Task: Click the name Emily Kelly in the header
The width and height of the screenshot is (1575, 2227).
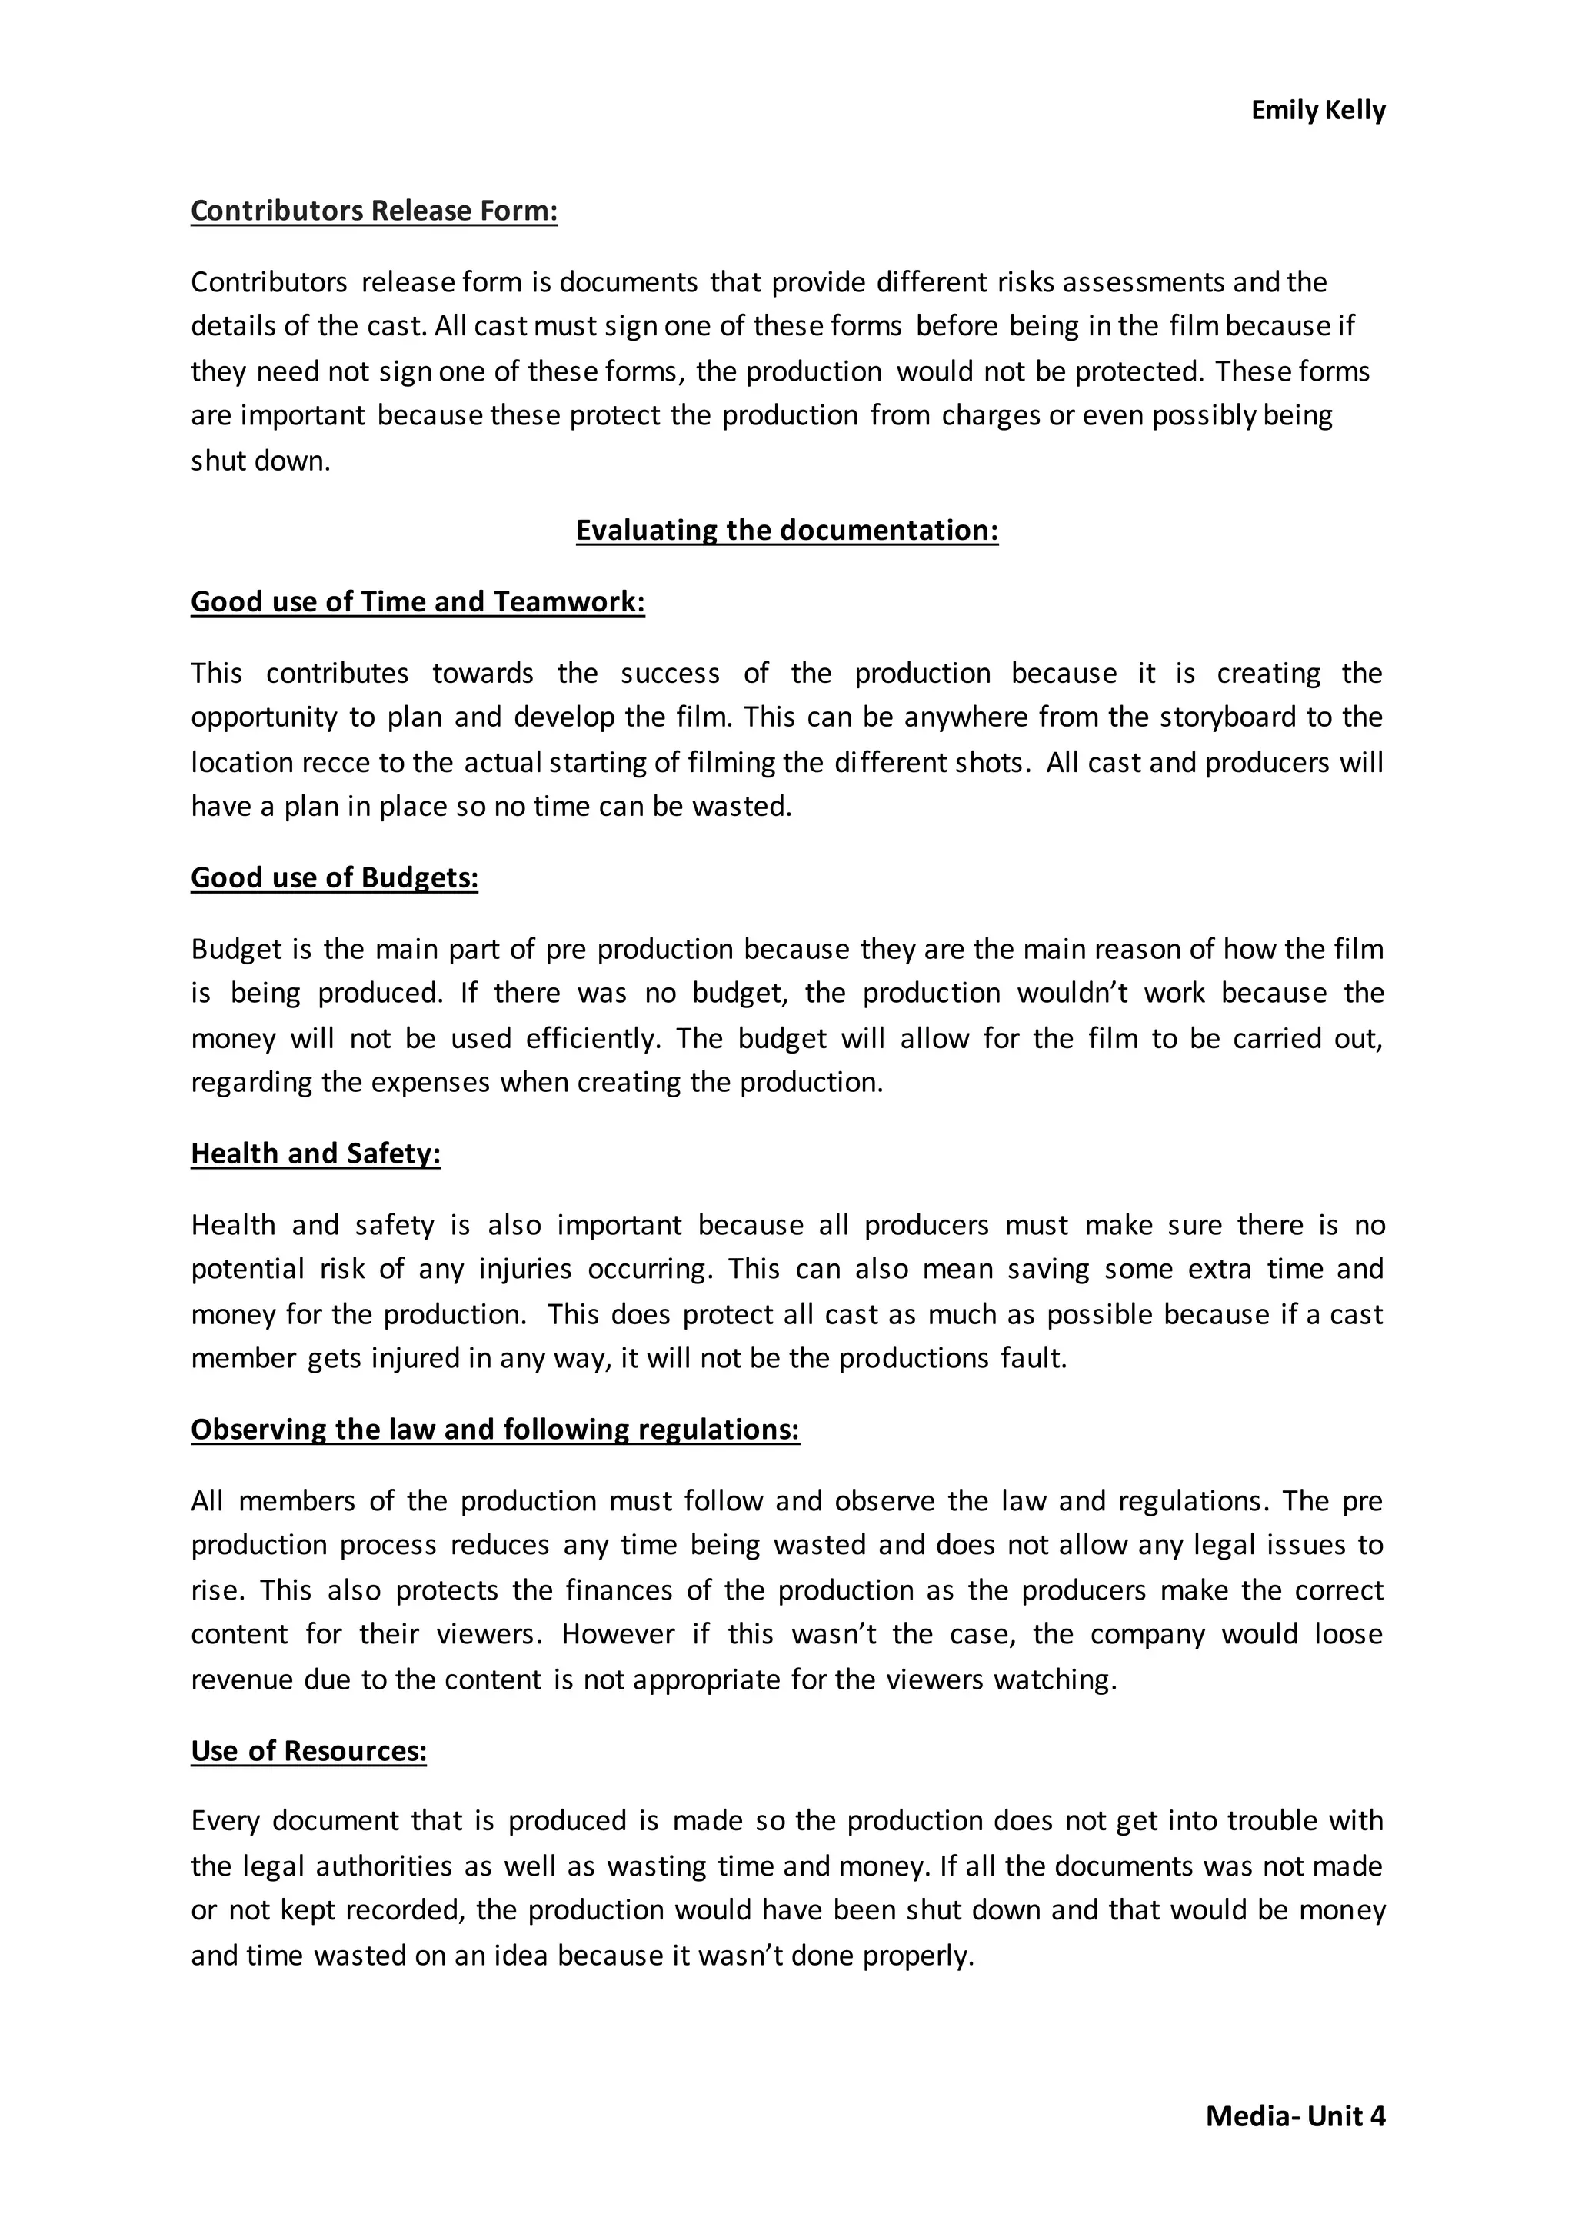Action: pos(1317,111)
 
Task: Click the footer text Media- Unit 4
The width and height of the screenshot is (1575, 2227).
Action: pos(1295,2115)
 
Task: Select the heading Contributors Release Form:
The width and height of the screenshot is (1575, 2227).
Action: pos(374,211)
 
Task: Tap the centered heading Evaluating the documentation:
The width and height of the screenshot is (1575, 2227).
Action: pos(787,530)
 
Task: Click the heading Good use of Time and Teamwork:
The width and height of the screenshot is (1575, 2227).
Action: pos(417,601)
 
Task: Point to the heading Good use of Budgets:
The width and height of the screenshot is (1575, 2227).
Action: pos(334,877)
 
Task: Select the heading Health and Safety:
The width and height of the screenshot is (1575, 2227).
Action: pos(315,1153)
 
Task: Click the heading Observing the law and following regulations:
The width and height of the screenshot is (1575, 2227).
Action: pos(494,1429)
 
